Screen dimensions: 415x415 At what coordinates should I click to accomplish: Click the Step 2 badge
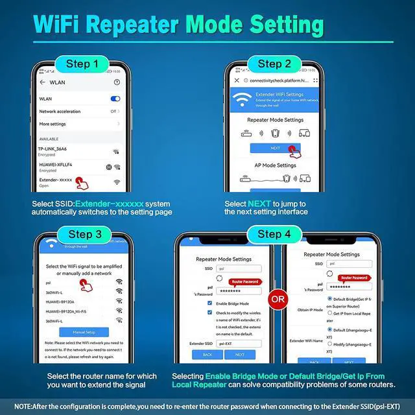pos(278,64)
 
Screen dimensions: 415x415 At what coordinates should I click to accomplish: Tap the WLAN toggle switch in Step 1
pos(115,99)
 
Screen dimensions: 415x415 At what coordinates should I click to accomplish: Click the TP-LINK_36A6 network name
pos(58,149)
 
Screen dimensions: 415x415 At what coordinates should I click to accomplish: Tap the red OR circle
pos(278,300)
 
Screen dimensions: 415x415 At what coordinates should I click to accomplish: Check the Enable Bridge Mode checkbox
pos(209,303)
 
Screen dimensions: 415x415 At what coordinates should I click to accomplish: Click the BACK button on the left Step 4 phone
pos(207,355)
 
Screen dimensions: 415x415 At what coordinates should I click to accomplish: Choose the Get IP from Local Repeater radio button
pos(330,313)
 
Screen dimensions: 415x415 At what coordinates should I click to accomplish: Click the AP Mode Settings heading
pos(275,165)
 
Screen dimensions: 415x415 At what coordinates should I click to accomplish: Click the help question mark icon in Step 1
pos(117,82)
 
